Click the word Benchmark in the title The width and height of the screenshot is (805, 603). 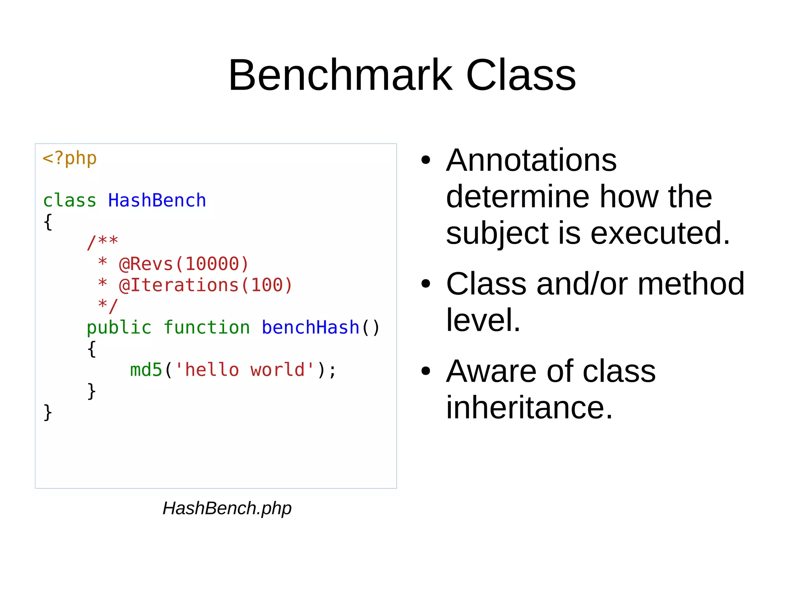(340, 75)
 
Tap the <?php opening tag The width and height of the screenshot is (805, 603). (70, 158)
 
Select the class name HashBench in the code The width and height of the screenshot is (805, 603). (157, 200)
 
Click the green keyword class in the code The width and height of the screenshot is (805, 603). (70, 201)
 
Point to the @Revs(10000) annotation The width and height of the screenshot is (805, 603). (184, 264)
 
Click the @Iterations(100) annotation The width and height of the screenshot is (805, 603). (206, 285)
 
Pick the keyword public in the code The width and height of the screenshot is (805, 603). (119, 328)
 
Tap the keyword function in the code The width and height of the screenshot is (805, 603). (206, 328)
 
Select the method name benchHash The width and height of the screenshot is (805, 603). (310, 328)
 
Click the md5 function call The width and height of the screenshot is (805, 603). (146, 370)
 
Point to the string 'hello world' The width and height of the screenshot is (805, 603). (244, 370)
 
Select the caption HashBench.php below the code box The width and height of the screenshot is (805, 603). (227, 508)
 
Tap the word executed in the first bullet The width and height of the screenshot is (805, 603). (660, 233)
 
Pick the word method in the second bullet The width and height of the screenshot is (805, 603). (691, 284)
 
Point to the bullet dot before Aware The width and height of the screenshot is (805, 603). (426, 371)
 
